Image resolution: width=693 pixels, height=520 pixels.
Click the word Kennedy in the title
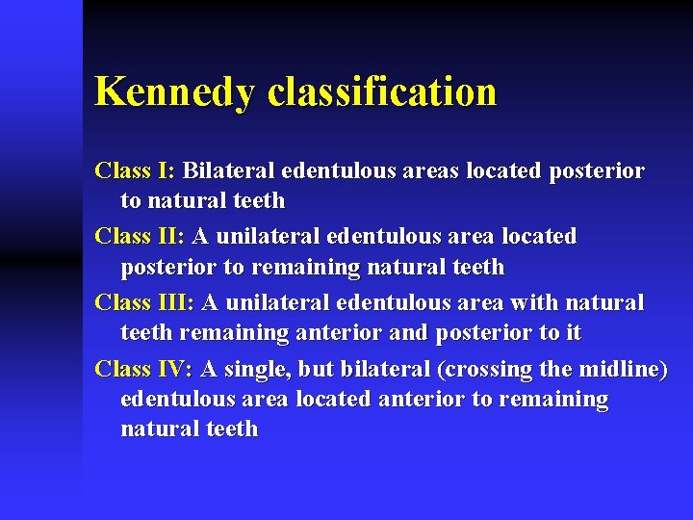pyautogui.click(x=176, y=92)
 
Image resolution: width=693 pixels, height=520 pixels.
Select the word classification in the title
pyautogui.click(x=382, y=92)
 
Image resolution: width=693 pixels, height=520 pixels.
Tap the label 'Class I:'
pyautogui.click(x=135, y=171)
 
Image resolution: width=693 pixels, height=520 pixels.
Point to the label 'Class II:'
pyautogui.click(x=141, y=236)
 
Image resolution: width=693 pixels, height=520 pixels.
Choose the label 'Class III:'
pyautogui.click(x=144, y=302)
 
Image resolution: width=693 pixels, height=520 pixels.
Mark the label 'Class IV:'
pyautogui.click(x=144, y=368)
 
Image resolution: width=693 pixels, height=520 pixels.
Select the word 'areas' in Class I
pyautogui.click(x=430, y=171)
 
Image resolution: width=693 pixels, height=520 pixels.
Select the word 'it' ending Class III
pyautogui.click(x=574, y=332)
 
